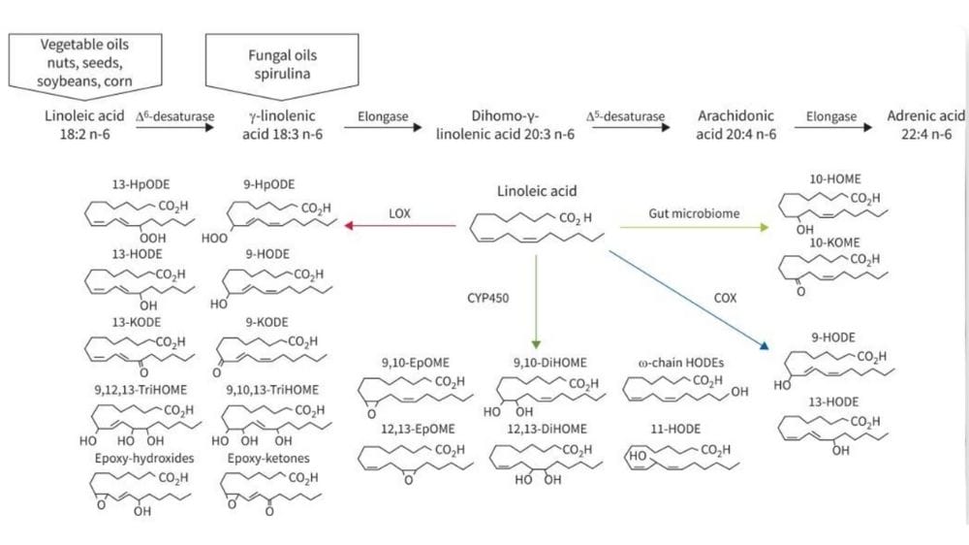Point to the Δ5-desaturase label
tap(626, 116)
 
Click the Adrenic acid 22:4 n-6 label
tap(925, 125)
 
